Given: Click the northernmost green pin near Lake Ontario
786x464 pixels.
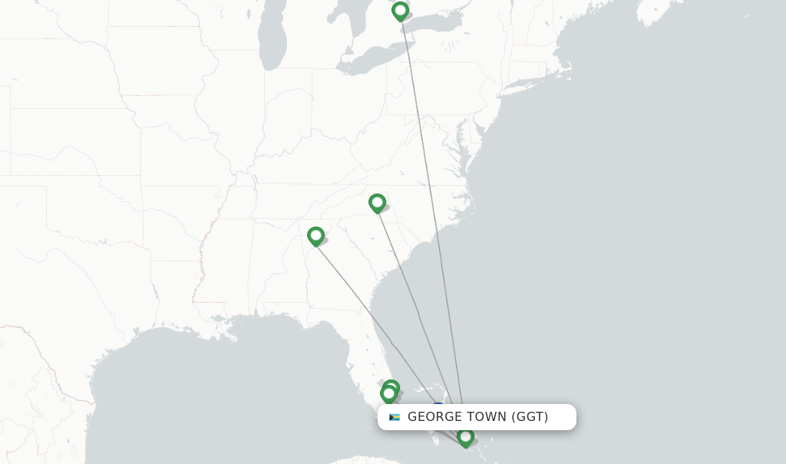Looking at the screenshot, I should click(400, 12).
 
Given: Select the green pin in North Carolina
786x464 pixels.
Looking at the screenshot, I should click(377, 203).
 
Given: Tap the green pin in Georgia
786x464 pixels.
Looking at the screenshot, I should click(315, 236).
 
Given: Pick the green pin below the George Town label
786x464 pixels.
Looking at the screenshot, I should click(465, 437).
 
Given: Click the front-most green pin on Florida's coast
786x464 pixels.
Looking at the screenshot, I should click(388, 394).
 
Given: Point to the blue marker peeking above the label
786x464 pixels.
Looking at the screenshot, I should click(438, 406).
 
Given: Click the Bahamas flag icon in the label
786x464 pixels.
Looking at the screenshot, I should click(395, 417).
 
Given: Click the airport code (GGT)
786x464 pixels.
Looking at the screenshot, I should click(530, 417).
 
